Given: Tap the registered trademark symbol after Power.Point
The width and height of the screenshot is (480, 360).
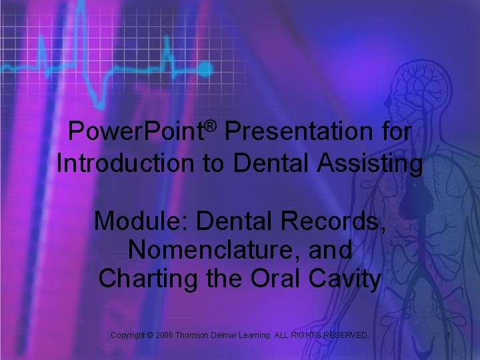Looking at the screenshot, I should coord(211,125).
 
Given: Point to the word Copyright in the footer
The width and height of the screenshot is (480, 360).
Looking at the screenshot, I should coord(132,335).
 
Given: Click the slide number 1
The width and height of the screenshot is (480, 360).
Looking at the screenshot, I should coord(449,335).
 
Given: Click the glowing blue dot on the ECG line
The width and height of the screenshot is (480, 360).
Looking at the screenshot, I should coord(205,68).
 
